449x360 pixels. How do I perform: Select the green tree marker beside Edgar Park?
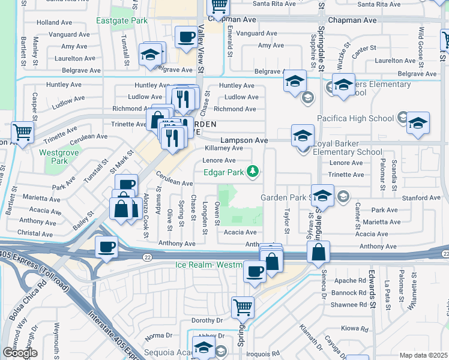pyautogui.click(x=254, y=173)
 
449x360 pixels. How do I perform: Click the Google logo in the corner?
pyautogui.click(x=20, y=353)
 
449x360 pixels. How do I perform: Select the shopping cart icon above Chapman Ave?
pyautogui.click(x=218, y=6)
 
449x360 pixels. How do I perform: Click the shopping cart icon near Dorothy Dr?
pyautogui.click(x=243, y=308)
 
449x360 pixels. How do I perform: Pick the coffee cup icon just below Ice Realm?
pyautogui.click(x=255, y=272)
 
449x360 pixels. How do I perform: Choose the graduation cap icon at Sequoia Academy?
pyautogui.click(x=204, y=349)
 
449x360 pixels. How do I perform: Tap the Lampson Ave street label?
pyautogui.click(x=244, y=140)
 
